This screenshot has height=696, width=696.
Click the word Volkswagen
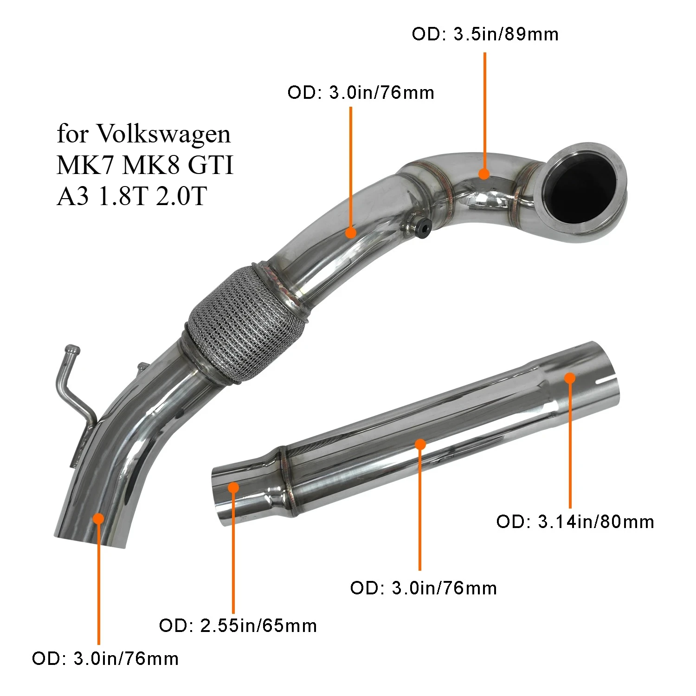click(x=163, y=135)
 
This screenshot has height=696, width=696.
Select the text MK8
click(x=151, y=165)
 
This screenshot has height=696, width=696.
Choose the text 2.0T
click(x=181, y=196)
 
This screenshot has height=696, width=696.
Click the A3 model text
click(x=72, y=196)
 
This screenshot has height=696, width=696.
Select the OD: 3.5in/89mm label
click(x=485, y=34)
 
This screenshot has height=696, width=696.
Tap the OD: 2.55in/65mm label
click(x=238, y=626)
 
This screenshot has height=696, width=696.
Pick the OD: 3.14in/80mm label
click(x=575, y=522)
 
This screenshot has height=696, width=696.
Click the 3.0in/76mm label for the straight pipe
click(x=424, y=588)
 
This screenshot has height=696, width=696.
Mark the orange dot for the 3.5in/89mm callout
click(x=484, y=174)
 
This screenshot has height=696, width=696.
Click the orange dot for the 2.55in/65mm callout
click(x=233, y=488)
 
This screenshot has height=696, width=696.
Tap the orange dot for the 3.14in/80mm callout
click(x=570, y=378)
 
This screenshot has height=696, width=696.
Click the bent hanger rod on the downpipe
click(x=70, y=380)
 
